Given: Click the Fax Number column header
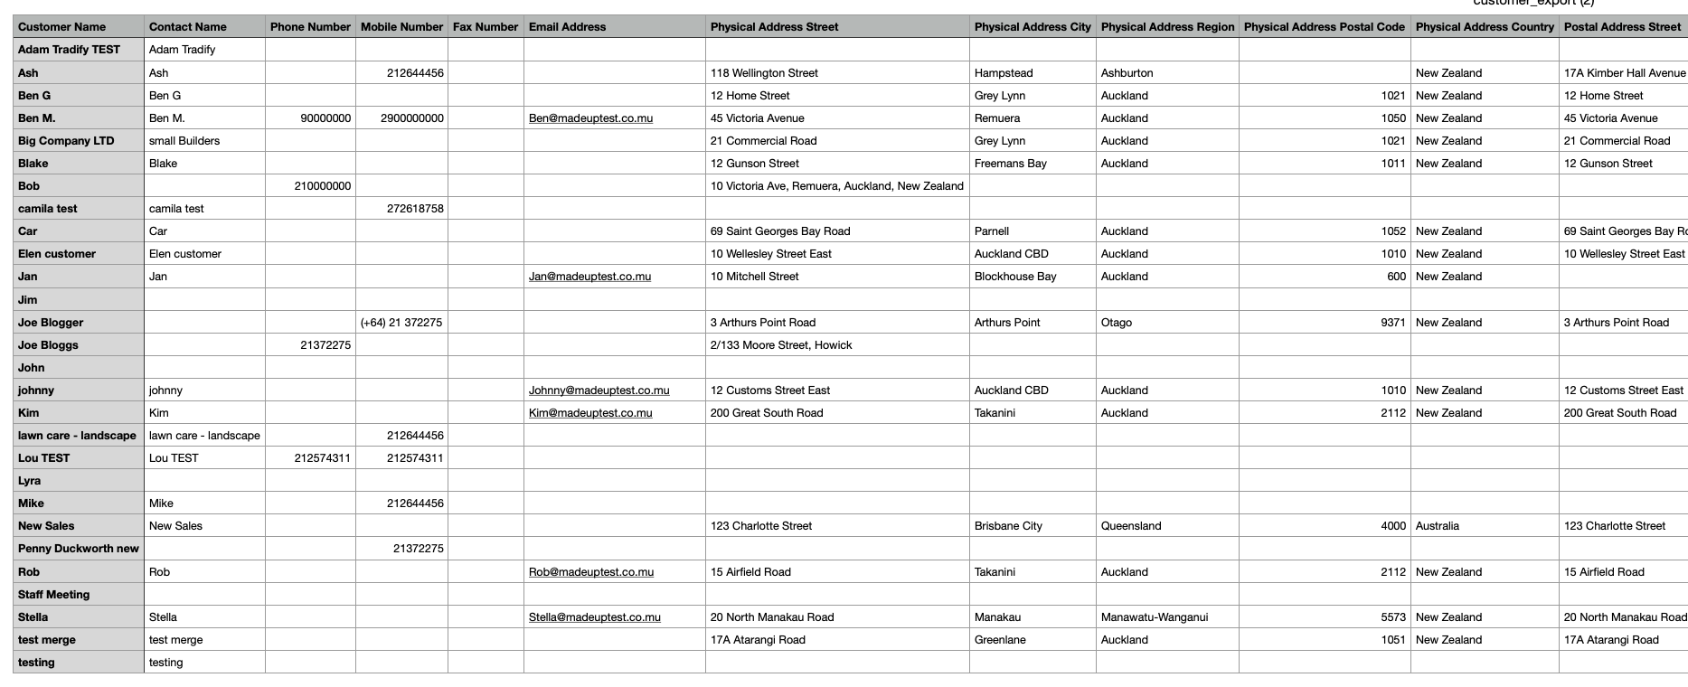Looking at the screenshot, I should point(486,27).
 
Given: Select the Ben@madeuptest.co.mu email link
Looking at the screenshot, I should point(590,118).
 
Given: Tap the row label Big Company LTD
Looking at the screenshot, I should point(66,141).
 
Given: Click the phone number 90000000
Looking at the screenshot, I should point(325,118).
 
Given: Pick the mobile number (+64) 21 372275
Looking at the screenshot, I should point(401,323).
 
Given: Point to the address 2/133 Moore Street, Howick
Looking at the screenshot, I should point(781,345).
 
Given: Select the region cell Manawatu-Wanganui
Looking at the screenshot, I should point(1154,617).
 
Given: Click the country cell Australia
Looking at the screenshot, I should point(1437,526).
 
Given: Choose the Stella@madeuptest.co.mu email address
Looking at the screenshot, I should point(594,617).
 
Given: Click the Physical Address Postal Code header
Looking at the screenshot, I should point(1324,27).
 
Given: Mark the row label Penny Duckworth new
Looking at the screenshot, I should point(79,549).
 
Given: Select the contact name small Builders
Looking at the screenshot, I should point(184,141).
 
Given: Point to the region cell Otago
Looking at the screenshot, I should point(1116,323).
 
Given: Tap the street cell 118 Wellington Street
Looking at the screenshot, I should point(764,73).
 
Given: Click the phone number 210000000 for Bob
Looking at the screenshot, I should point(322,186).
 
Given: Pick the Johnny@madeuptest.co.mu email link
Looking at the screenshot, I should point(599,391).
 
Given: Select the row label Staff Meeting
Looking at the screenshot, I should point(53,595).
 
